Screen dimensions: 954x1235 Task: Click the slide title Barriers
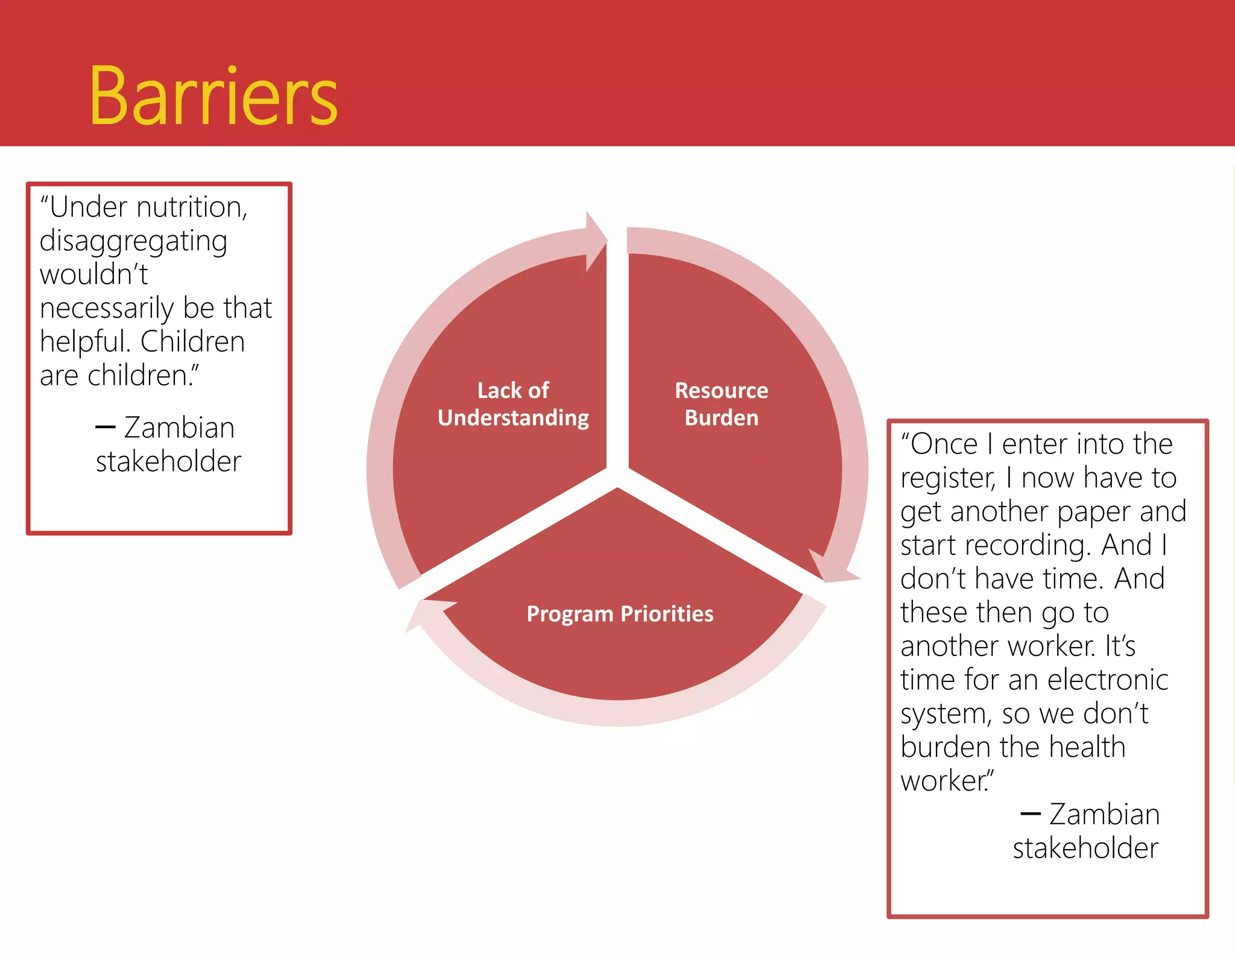pos(213,96)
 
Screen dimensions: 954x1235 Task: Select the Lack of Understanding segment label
pos(513,404)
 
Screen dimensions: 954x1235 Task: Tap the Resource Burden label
pos(721,404)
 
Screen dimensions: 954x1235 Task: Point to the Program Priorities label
pos(620,614)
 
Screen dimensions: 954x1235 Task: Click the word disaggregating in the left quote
pos(133,242)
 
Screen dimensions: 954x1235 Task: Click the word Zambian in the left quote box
pos(179,428)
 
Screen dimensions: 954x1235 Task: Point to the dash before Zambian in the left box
pos(106,428)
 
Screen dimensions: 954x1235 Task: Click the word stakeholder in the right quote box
pos(1085,848)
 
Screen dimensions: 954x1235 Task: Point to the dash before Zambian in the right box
pos(1030,814)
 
